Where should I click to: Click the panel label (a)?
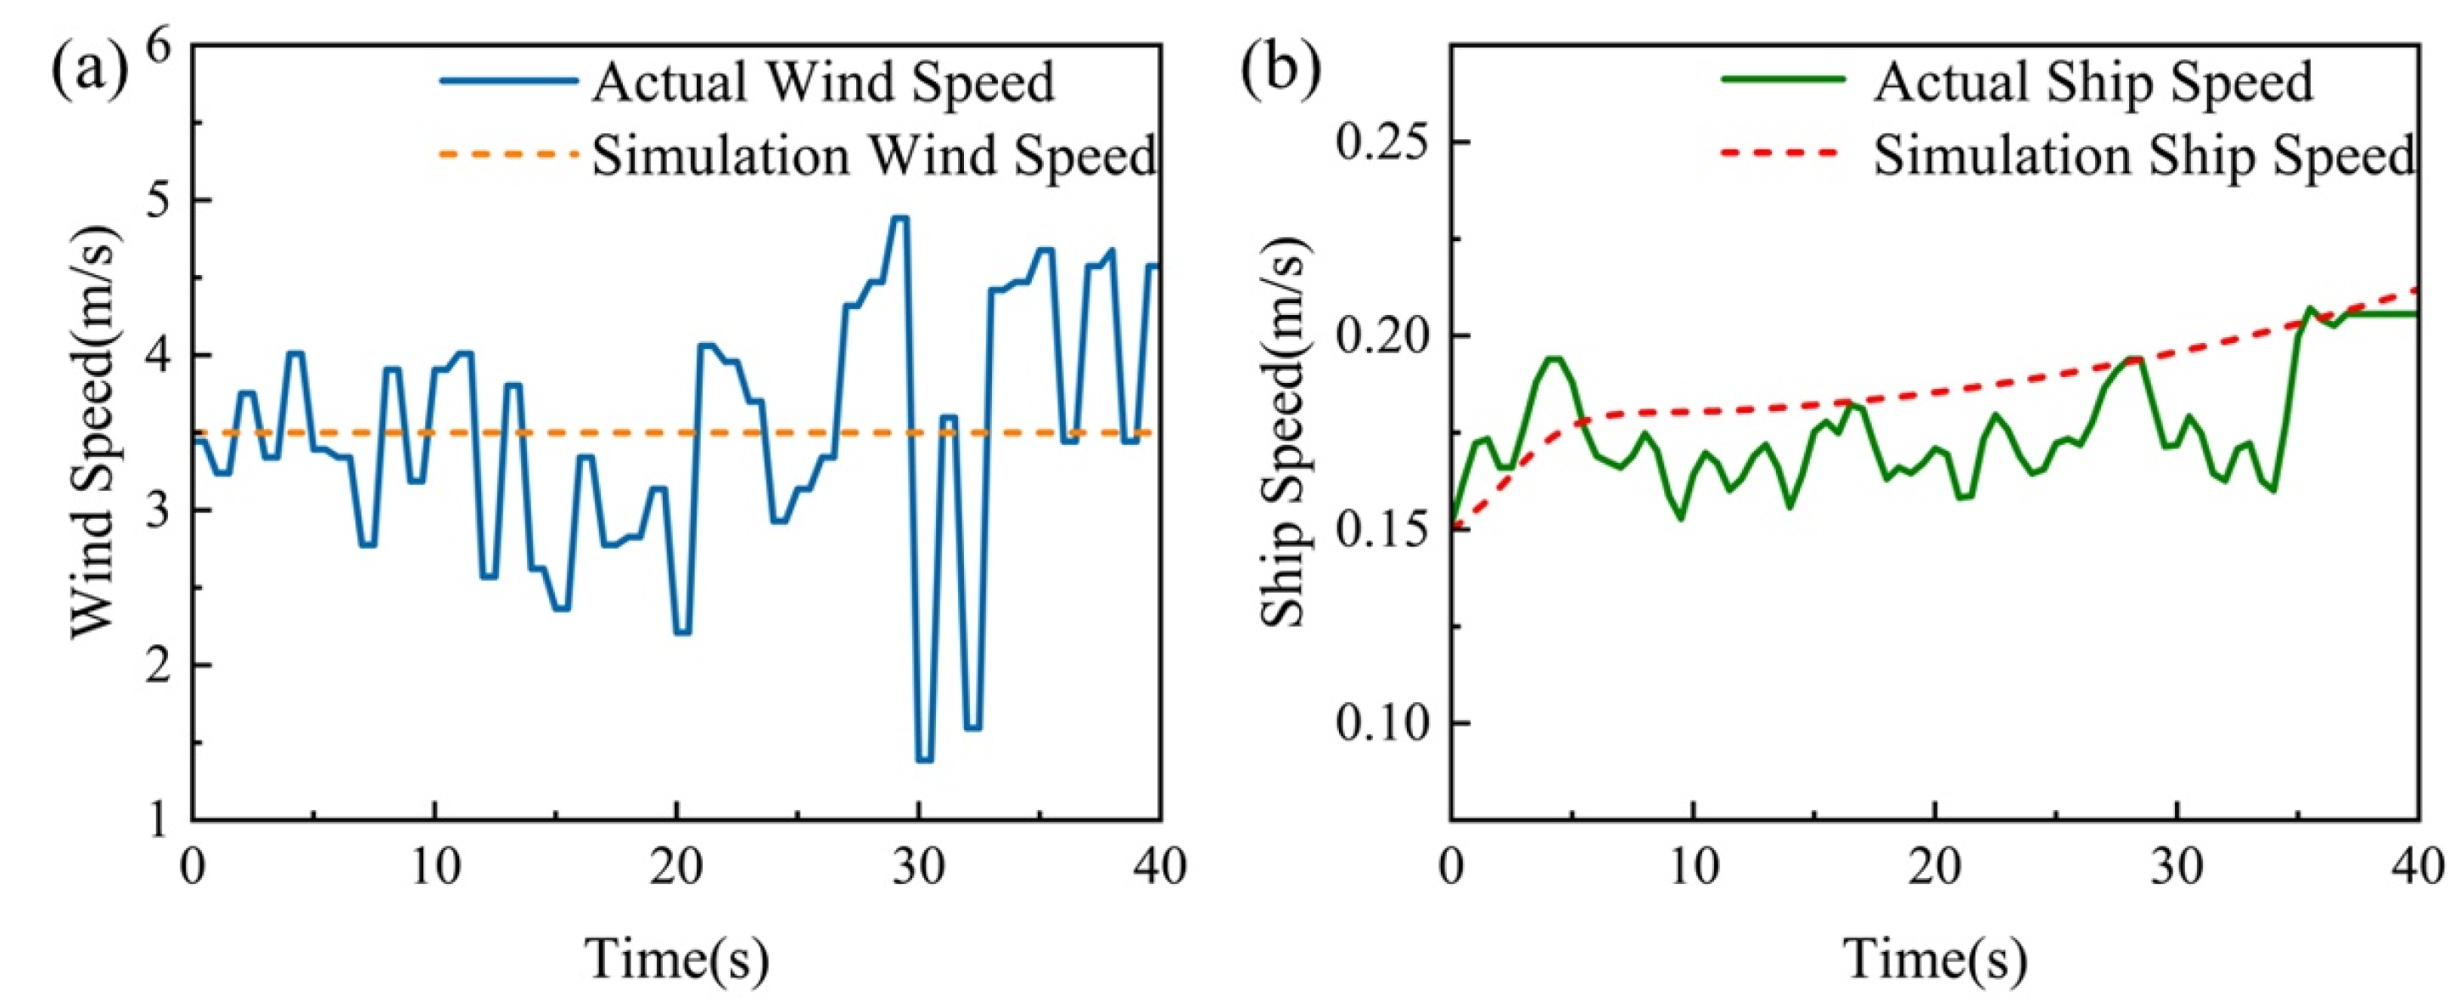coord(89,70)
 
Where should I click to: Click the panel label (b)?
coord(1280,70)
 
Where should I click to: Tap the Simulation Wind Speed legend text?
coord(874,155)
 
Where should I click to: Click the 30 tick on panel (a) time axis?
coord(920,868)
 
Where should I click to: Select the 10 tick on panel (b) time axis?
coord(1693,868)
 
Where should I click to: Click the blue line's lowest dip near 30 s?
coord(923,760)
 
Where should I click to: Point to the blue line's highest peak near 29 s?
coord(899,218)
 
